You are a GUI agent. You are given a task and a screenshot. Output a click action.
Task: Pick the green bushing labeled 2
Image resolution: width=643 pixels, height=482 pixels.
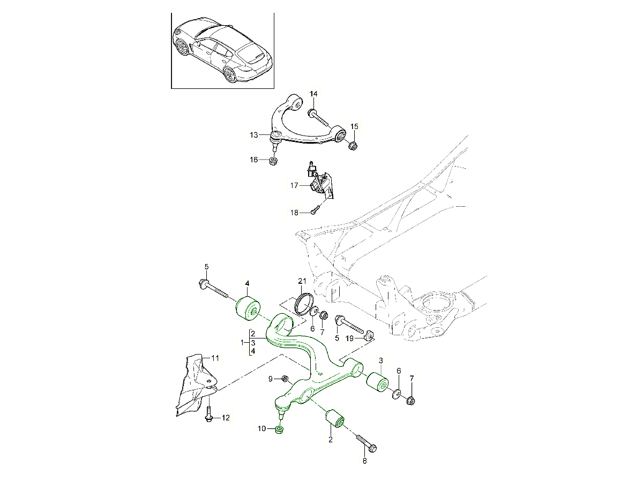click(x=335, y=420)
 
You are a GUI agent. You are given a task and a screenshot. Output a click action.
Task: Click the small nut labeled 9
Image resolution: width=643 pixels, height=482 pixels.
click(x=285, y=379)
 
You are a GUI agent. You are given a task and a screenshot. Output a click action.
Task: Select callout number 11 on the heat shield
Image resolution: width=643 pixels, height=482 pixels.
click(x=215, y=357)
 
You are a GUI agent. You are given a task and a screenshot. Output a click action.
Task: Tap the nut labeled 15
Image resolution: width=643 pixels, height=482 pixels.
click(x=352, y=145)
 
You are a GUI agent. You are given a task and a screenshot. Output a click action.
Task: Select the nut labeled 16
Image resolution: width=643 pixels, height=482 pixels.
click(x=272, y=161)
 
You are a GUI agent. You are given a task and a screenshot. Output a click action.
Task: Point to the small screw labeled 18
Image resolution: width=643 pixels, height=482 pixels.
click(x=315, y=211)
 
